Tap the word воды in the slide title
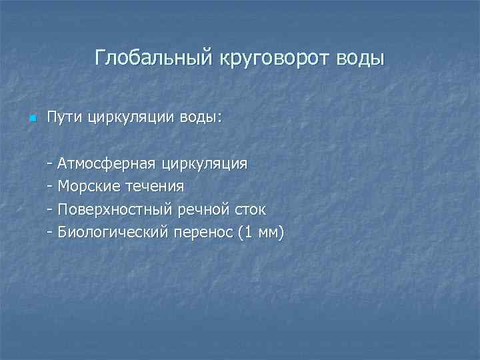[x=361, y=58]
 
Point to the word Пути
[x=63, y=119]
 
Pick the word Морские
[x=86, y=186]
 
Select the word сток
[x=249, y=209]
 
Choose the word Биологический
[x=112, y=233]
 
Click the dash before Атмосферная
[x=51, y=163]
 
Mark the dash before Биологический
[x=51, y=233]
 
